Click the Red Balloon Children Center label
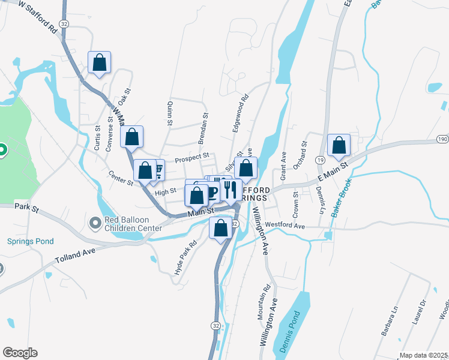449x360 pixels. [x=133, y=224]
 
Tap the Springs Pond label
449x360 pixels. [x=30, y=241]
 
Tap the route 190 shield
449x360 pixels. [x=442, y=139]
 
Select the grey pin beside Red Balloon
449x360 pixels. [x=95, y=224]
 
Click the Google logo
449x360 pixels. [x=20, y=353]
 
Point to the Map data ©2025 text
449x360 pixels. [x=423, y=355]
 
